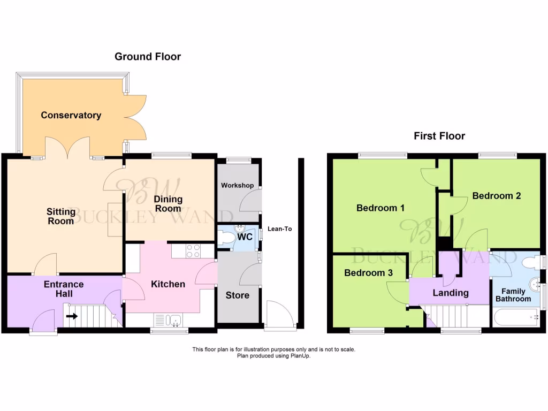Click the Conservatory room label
71,115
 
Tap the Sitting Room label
60,216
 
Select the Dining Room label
168,203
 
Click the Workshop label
237,185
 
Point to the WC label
245,236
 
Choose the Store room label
237,295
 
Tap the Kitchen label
168,284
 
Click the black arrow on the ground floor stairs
72,316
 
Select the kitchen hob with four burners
193,250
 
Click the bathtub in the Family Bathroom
516,317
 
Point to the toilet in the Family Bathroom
530,263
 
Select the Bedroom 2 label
496,196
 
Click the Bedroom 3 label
368,273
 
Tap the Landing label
451,293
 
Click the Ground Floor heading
148,57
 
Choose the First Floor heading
439,136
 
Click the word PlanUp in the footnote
300,355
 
